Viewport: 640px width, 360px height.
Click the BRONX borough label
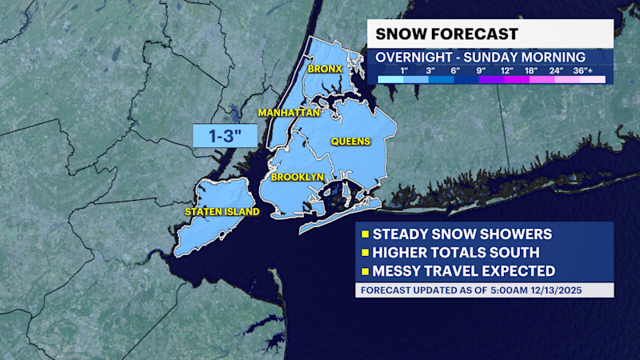(x=326, y=69)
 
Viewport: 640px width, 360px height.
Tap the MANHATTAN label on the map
(x=289, y=114)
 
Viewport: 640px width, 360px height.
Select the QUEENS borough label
(x=351, y=142)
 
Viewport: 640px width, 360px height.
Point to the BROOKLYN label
(x=297, y=177)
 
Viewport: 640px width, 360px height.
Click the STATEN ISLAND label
(x=222, y=212)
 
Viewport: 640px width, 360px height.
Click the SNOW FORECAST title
(x=446, y=34)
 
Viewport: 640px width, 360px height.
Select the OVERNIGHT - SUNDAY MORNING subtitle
(x=480, y=58)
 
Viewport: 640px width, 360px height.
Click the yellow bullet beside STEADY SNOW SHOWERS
(x=366, y=234)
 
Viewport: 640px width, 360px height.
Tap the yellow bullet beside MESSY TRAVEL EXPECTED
(x=366, y=271)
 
